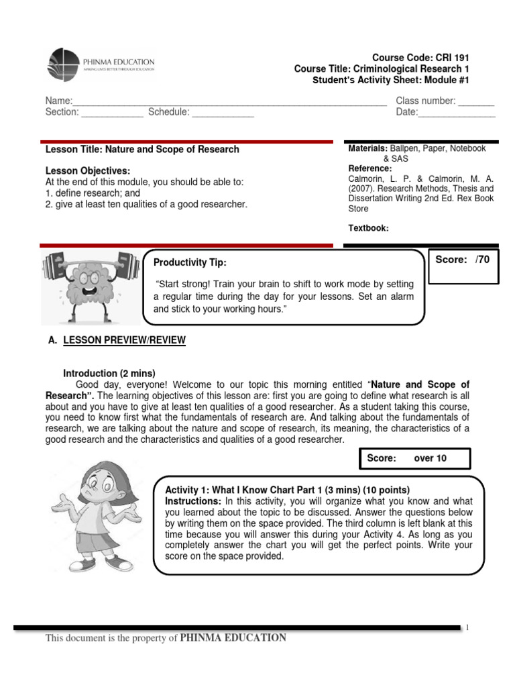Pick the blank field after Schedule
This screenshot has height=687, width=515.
(223, 113)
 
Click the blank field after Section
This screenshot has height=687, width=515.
(112, 113)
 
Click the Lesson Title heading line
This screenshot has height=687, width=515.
(142, 150)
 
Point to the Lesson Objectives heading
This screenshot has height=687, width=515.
(87, 171)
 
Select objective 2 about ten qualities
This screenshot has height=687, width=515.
(146, 204)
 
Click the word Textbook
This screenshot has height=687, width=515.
(368, 228)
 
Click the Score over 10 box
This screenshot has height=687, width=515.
(415, 459)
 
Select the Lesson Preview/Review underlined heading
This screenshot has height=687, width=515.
(124, 341)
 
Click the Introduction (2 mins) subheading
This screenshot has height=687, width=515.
(109, 373)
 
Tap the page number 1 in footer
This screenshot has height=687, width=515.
(467, 627)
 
